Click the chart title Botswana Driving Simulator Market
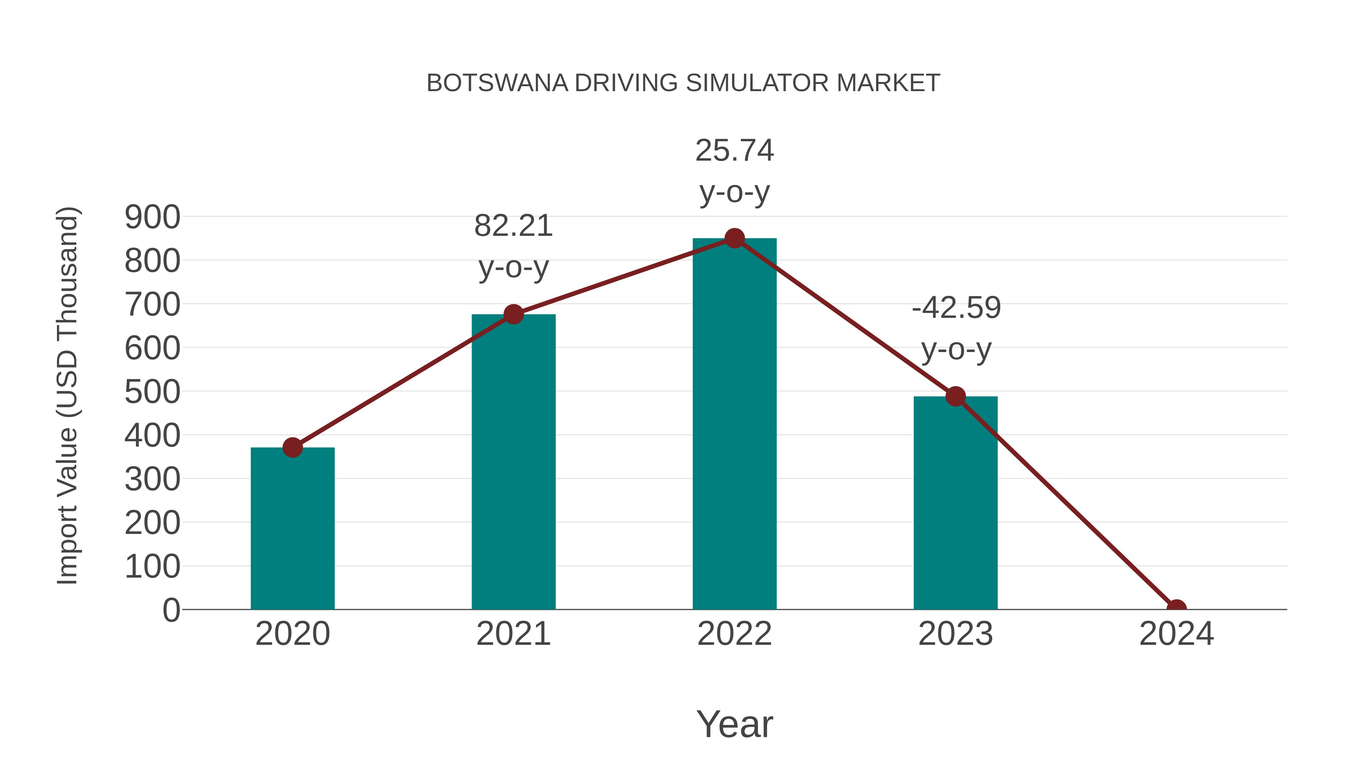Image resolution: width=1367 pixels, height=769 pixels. coord(683,83)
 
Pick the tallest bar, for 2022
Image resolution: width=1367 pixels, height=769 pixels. coord(734,425)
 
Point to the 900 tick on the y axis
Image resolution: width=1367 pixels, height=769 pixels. coord(152,217)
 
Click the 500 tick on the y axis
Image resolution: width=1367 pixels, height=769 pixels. coord(152,392)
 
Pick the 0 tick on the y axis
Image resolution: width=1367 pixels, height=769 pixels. coord(171,610)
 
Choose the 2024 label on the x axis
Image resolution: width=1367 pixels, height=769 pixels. coord(1176,634)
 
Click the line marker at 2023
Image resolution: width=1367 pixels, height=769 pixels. coord(955,396)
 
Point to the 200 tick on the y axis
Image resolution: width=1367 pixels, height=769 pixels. coord(152,523)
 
